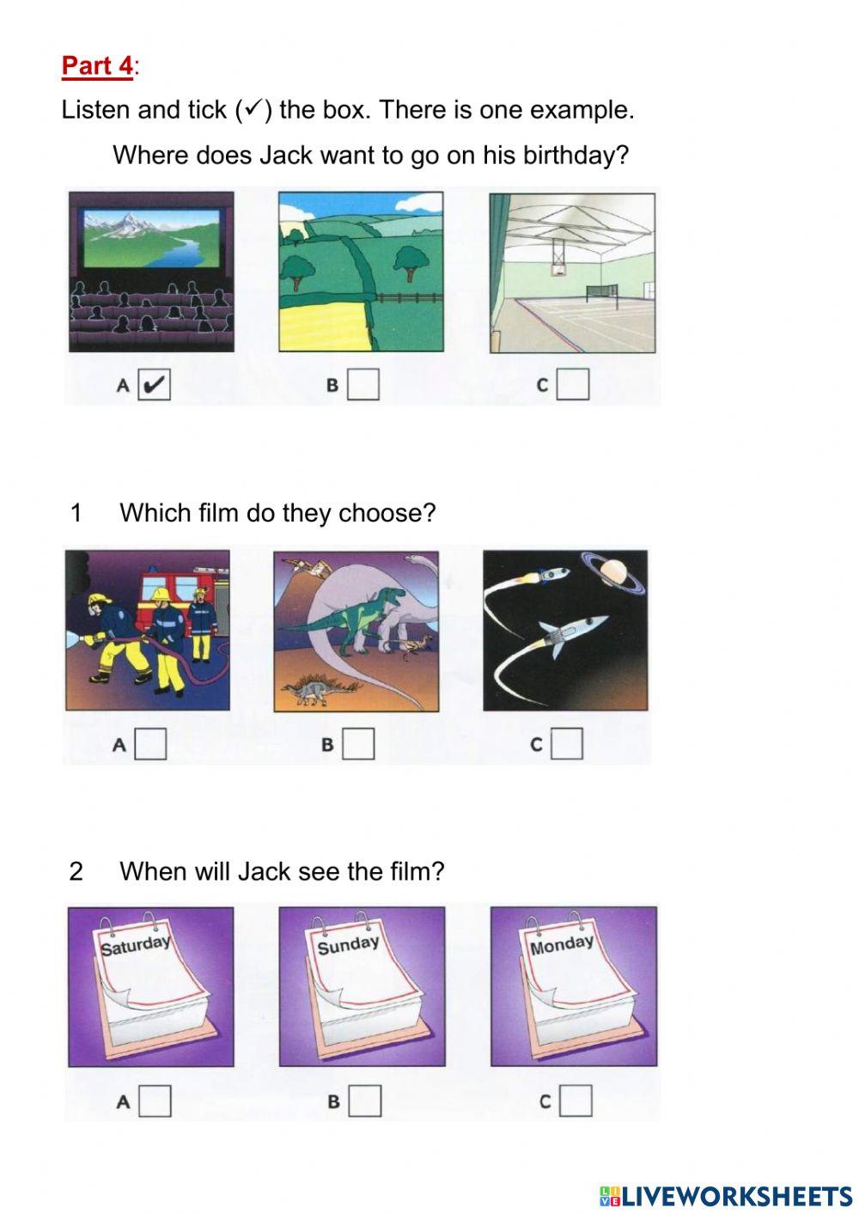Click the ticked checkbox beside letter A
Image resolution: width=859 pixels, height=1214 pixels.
coord(154,384)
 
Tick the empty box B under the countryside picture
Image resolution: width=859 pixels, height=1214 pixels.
coord(363,384)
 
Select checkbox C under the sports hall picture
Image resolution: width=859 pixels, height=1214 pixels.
coord(573,384)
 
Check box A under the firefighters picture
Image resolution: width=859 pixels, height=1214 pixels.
coord(150,743)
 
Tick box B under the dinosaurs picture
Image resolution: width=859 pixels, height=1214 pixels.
coord(358,743)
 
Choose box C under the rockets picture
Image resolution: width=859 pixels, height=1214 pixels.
coord(567,743)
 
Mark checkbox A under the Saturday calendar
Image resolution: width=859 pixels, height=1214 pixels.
coord(155,1101)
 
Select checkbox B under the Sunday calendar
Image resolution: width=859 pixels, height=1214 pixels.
coord(365,1101)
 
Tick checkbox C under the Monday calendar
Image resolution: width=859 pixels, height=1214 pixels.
coord(576,1101)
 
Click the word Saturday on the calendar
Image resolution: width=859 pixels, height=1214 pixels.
coord(136,946)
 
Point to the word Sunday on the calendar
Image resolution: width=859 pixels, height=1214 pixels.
coord(348,946)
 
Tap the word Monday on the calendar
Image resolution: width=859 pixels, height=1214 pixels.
coord(562,946)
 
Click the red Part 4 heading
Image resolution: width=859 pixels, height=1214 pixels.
coord(97,65)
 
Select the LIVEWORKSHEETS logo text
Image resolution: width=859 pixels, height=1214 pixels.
coord(726,1196)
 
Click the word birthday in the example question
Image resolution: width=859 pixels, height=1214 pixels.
coord(575,156)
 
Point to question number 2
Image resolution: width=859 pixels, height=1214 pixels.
coord(76,871)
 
